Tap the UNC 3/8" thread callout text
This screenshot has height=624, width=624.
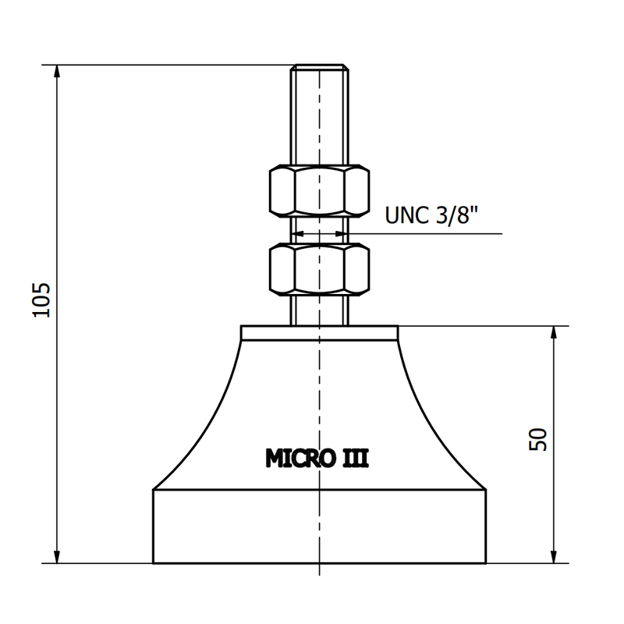pos(431,214)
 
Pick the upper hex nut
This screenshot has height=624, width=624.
pos(319,190)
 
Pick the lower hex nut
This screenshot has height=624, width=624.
pos(319,269)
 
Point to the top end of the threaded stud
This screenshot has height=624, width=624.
pos(319,67)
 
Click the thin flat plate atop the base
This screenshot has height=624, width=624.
pos(319,333)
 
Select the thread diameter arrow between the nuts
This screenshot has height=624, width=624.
pos(319,232)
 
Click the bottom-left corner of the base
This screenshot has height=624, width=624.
pos(153,562)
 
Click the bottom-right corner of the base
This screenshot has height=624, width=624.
pos(487,562)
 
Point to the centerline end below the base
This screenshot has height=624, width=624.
pos(320,573)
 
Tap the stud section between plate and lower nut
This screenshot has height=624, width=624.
pos(319,310)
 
